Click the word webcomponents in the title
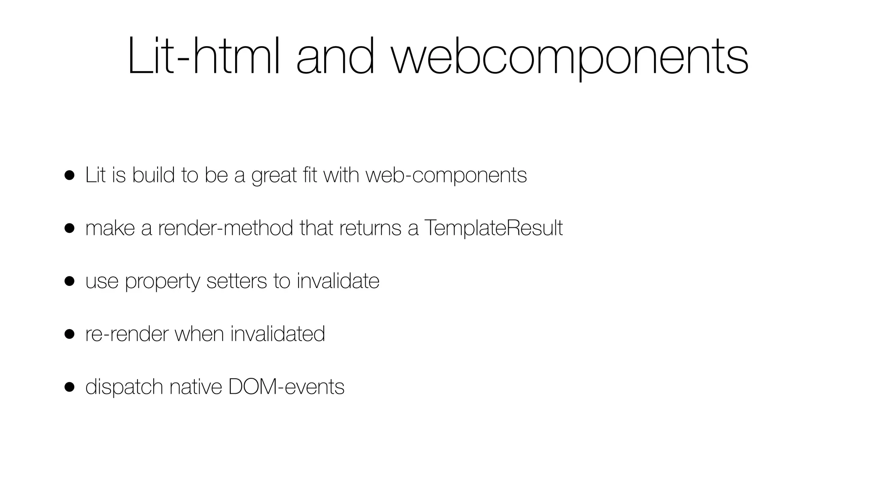(570, 58)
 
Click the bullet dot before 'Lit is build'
(70, 175)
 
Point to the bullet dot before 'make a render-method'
(70, 228)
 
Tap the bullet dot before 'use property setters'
(70, 281)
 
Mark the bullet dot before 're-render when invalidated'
(70, 334)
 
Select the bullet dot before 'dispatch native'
(70, 387)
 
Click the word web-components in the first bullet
(446, 175)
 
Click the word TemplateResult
(493, 228)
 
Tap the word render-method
(226, 228)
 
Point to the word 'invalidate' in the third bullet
(338, 281)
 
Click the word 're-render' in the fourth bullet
(127, 334)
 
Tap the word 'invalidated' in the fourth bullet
(277, 334)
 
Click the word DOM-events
(286, 387)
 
